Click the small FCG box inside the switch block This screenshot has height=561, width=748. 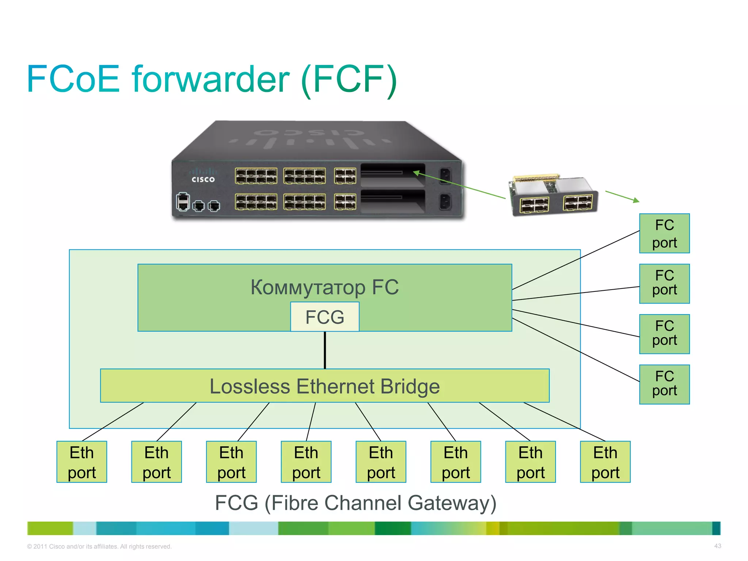[324, 317]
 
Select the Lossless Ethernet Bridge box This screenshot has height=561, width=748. [324, 386]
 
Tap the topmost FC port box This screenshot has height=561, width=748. [664, 233]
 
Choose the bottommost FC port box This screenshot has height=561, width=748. [664, 384]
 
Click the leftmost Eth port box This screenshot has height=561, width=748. [82, 462]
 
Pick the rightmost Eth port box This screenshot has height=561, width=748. [605, 462]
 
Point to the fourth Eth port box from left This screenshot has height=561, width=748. [306, 462]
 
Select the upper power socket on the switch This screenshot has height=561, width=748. [445, 175]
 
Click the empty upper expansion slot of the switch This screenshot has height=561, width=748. [393, 175]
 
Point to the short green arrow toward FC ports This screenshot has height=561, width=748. [622, 196]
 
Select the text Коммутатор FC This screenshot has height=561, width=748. [324, 287]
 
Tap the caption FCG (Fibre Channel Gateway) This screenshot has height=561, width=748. [355, 503]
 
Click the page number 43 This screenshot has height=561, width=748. [717, 546]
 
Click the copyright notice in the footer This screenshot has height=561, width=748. [99, 546]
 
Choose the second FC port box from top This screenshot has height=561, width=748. [664, 283]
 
